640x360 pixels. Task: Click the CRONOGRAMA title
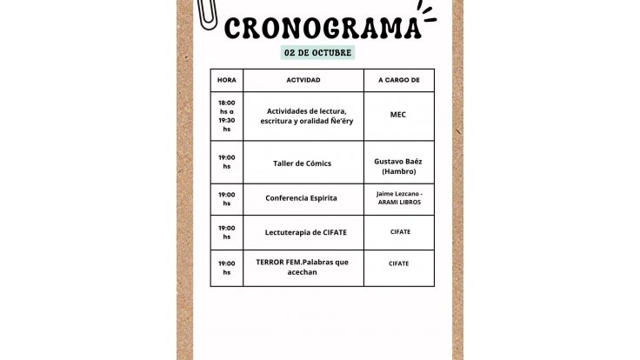click(322, 28)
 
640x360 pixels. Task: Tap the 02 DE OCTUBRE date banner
click(319, 52)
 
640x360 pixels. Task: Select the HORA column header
click(226, 80)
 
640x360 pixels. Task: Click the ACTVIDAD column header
click(303, 80)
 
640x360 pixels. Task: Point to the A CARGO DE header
click(398, 80)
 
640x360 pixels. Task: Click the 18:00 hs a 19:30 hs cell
click(226, 116)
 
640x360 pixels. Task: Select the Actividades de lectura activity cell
click(303, 116)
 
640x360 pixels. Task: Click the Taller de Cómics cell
click(302, 163)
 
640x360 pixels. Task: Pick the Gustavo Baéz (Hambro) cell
click(398, 166)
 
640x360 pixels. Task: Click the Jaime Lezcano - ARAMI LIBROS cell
click(399, 197)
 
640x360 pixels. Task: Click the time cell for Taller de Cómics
click(226, 162)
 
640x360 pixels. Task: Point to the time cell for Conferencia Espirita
click(226, 199)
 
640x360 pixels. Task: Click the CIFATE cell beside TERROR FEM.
click(399, 263)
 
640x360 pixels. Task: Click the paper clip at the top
click(207, 12)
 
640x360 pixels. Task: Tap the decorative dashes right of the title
click(427, 12)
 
